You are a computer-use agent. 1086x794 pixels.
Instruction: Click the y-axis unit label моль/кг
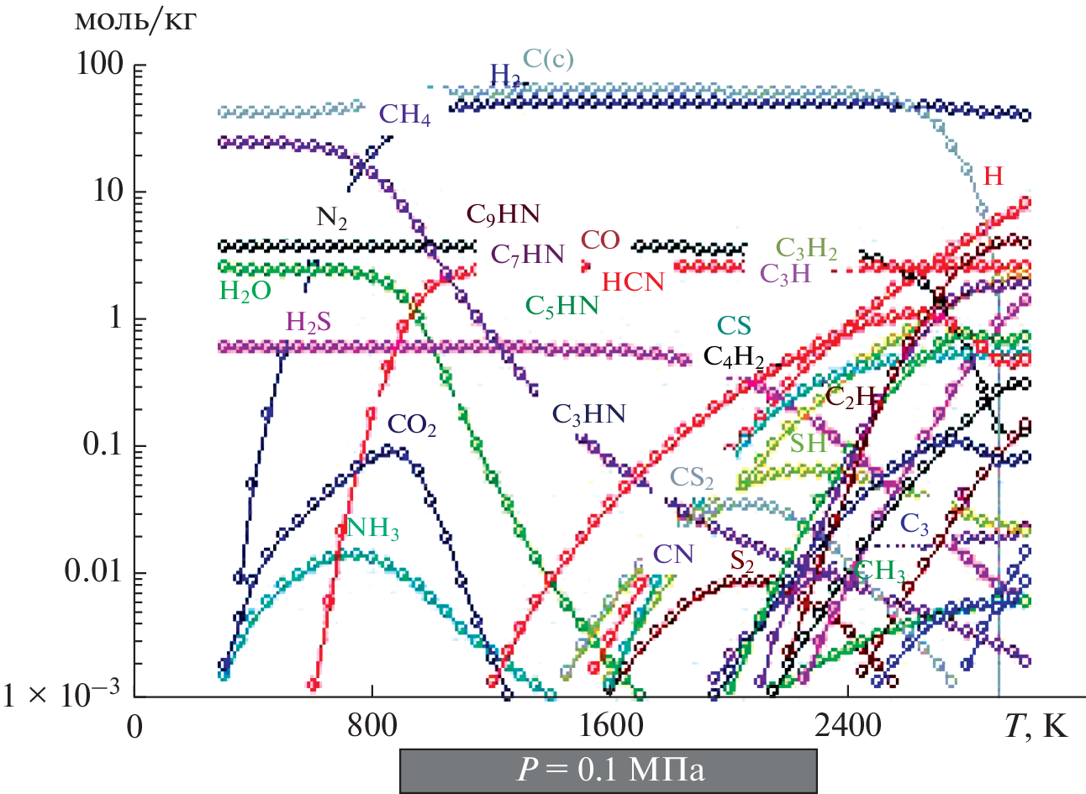point(135,19)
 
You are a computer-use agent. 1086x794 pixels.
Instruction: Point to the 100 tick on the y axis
point(100,66)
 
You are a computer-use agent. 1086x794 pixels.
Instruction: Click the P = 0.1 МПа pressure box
point(608,770)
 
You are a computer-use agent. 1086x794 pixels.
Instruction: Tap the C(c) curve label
point(548,59)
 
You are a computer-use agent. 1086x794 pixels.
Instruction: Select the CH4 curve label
point(404,115)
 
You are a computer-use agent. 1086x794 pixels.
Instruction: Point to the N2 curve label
point(331,218)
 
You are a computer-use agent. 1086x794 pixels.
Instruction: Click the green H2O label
point(245,292)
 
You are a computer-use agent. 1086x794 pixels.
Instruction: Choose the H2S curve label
point(308,323)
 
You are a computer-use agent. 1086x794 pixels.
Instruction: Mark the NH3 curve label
point(372,529)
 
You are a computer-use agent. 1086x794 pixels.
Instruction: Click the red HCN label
point(633,281)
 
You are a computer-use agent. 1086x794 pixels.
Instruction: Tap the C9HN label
point(503,215)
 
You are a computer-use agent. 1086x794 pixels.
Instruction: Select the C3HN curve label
point(588,414)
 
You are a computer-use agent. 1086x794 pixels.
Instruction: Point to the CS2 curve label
point(691,478)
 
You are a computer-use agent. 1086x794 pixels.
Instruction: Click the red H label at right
point(993,176)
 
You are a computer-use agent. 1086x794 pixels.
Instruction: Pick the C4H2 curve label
point(733,358)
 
